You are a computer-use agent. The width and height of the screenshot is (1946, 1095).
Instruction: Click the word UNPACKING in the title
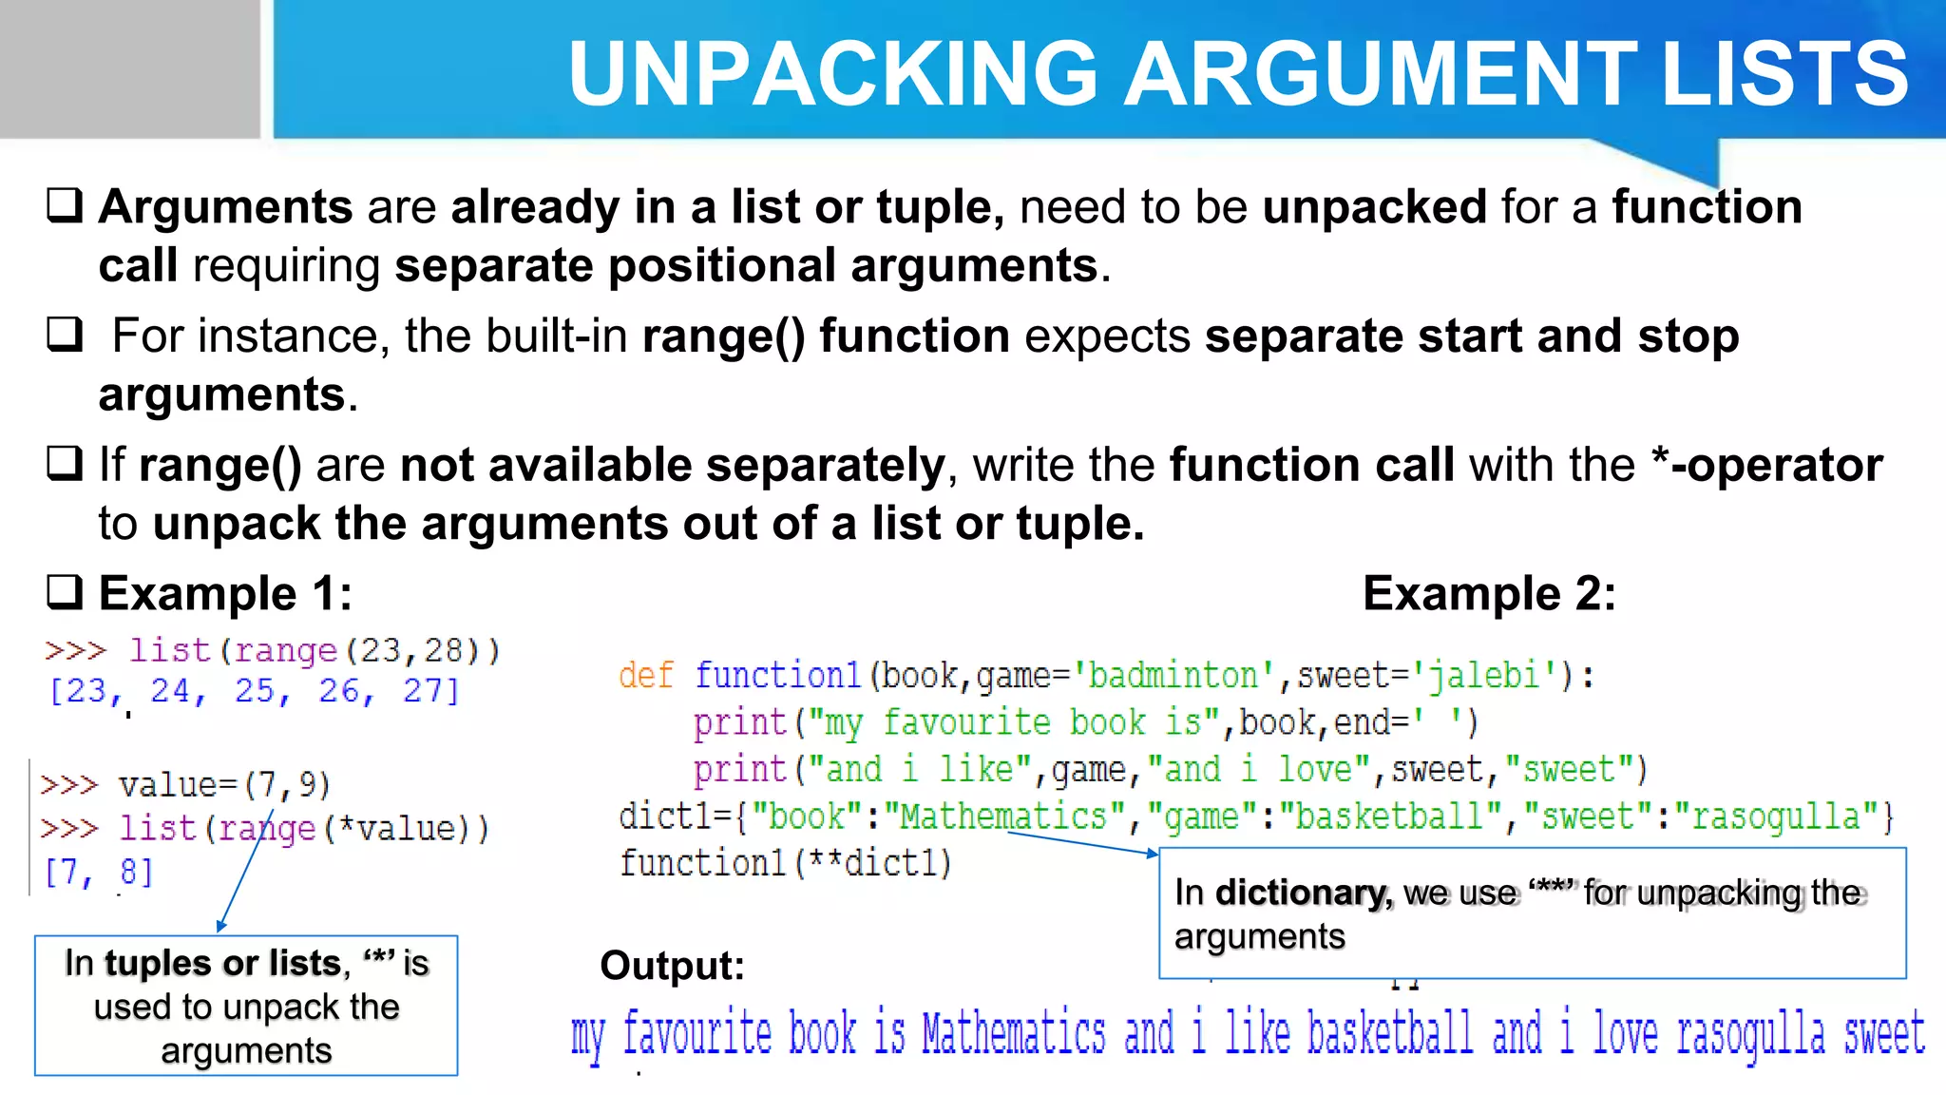[834, 74]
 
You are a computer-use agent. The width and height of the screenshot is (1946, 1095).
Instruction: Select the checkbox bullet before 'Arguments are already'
[65, 204]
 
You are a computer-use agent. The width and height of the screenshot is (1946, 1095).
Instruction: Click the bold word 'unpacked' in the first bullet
[1374, 206]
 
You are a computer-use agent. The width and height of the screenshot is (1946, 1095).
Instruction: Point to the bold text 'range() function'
[825, 336]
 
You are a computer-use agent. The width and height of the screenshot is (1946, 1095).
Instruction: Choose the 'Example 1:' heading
[225, 594]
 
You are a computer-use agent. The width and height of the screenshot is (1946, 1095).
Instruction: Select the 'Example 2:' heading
[1489, 594]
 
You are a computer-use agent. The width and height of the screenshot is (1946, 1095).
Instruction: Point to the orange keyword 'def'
[645, 676]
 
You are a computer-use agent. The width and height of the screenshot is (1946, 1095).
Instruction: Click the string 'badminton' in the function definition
[1173, 676]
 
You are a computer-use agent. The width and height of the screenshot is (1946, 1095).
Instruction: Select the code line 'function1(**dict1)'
[785, 863]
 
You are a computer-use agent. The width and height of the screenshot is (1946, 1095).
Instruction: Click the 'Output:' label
[672, 966]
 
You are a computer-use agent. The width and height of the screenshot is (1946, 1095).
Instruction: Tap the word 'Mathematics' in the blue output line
[1014, 1034]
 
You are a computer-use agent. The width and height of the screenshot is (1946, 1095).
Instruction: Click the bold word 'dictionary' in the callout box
[1303, 893]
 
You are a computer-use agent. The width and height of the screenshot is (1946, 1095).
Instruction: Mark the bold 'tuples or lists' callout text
[222, 963]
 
